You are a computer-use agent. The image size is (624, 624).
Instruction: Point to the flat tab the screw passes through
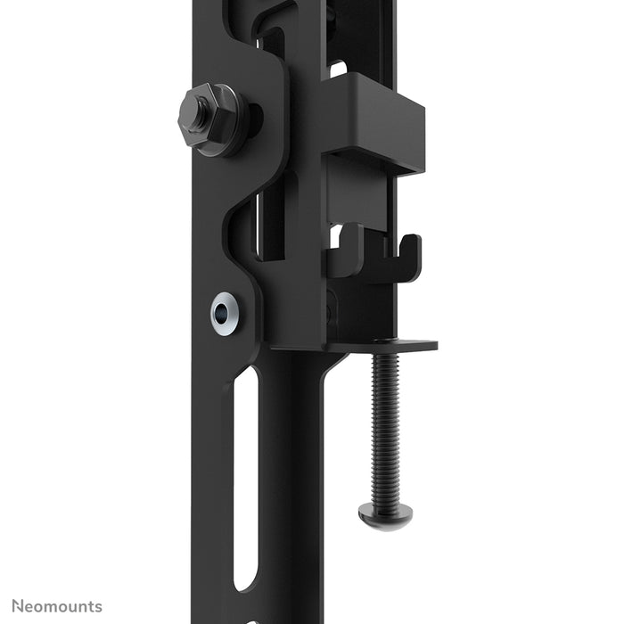392,346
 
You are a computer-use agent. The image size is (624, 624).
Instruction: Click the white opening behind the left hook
335,237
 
